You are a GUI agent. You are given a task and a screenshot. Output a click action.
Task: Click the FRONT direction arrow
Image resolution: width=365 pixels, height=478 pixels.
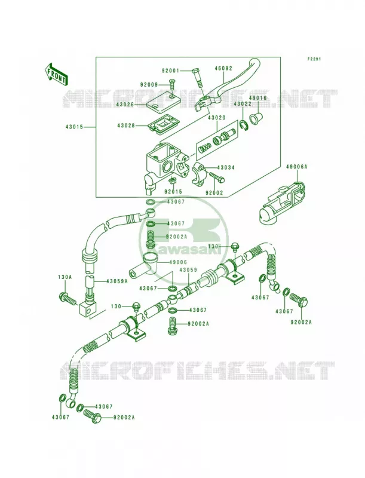[x=56, y=74]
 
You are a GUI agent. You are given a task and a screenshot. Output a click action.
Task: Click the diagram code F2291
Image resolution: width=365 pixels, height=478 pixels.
[x=314, y=59]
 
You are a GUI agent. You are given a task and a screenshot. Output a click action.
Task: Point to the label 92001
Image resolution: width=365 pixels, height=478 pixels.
[x=171, y=71]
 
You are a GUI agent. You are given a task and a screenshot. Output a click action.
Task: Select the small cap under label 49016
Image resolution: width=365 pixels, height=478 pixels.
[x=256, y=117]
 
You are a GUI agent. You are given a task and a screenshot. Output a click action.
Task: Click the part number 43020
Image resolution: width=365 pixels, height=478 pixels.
[x=217, y=118]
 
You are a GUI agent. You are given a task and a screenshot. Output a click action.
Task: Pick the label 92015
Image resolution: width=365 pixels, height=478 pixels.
[x=173, y=192]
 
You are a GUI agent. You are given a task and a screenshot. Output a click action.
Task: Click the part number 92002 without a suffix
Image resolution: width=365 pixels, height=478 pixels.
[x=214, y=193]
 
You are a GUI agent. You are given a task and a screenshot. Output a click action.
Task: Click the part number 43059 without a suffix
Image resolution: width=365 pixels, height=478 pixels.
[x=188, y=270]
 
